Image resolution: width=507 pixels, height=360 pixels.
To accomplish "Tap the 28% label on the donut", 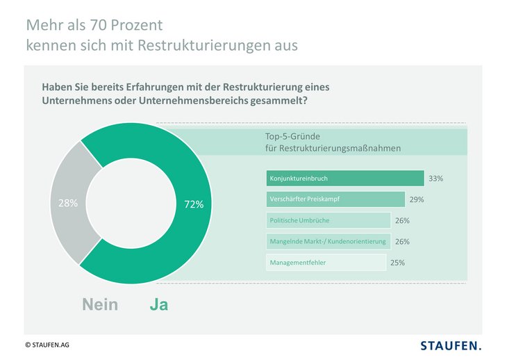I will click(68, 204).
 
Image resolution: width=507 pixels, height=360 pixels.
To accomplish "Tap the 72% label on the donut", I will click(194, 204).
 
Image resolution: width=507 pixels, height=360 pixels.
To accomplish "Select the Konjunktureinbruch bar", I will click(345, 178).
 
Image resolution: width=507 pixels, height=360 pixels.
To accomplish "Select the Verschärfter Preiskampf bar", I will click(335, 199).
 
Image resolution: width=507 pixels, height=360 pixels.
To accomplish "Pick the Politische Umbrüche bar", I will click(328, 220).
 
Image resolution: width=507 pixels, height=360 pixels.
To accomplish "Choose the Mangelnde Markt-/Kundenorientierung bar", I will click(328, 241).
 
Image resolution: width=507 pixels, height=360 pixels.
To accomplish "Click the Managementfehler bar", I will click(326, 263).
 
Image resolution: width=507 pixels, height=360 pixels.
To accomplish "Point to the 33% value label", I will click(435, 179).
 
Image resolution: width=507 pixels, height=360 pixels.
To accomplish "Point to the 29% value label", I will click(417, 199).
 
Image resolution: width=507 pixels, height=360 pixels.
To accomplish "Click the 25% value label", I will click(397, 263).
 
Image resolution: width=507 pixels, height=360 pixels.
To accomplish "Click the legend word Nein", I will click(100, 304).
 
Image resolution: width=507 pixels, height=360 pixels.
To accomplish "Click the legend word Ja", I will click(159, 304).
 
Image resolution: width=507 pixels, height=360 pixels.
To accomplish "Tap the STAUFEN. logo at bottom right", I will click(451, 345).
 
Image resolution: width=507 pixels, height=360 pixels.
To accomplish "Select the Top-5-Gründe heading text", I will click(292, 136).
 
